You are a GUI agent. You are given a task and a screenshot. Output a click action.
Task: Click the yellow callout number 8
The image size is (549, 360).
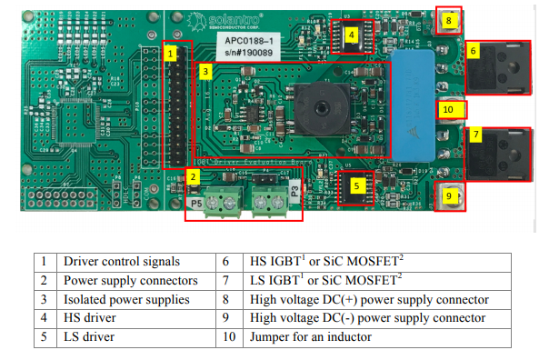point(447,18)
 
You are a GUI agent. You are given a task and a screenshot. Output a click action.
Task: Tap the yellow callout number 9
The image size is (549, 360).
point(448,194)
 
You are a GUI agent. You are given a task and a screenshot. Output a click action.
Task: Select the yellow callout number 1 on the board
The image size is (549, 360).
point(170,54)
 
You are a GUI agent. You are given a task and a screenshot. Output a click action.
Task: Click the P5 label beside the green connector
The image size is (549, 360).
point(196,205)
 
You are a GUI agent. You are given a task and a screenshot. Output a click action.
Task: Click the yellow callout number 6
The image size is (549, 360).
point(474,52)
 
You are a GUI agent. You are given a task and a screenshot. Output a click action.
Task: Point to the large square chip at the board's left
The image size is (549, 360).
point(67,116)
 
